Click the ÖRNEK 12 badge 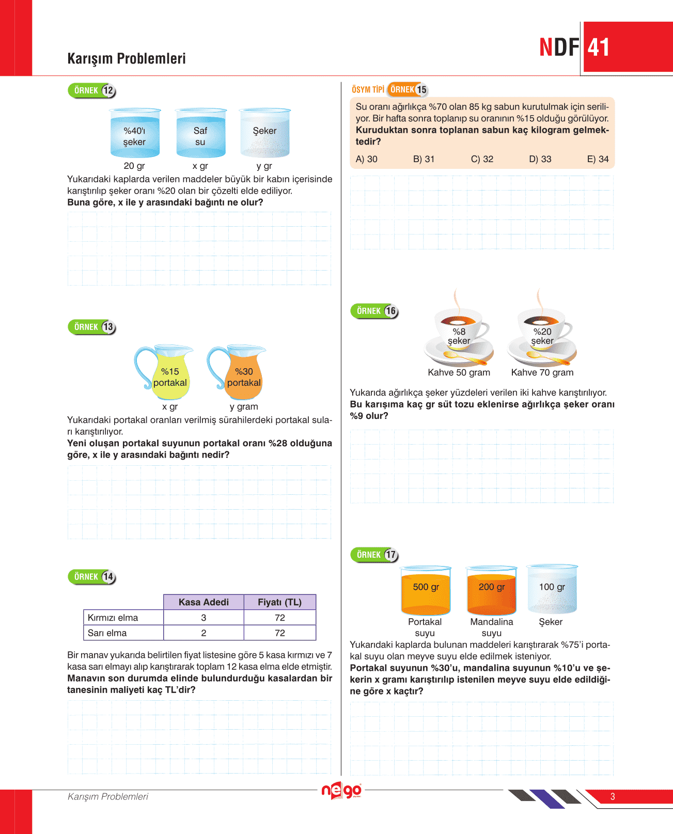tap(92, 91)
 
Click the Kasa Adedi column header tap(204, 602)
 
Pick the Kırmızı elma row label tap(113, 618)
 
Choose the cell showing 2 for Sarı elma tap(204, 633)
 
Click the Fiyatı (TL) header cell tap(279, 602)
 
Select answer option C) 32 tap(482, 159)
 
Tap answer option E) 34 tap(598, 159)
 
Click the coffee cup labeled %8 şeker tap(459, 336)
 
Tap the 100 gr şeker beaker tap(552, 590)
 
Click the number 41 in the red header tap(599, 48)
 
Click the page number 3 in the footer tap(613, 796)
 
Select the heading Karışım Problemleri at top tap(127, 58)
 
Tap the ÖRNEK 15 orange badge tap(408, 90)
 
